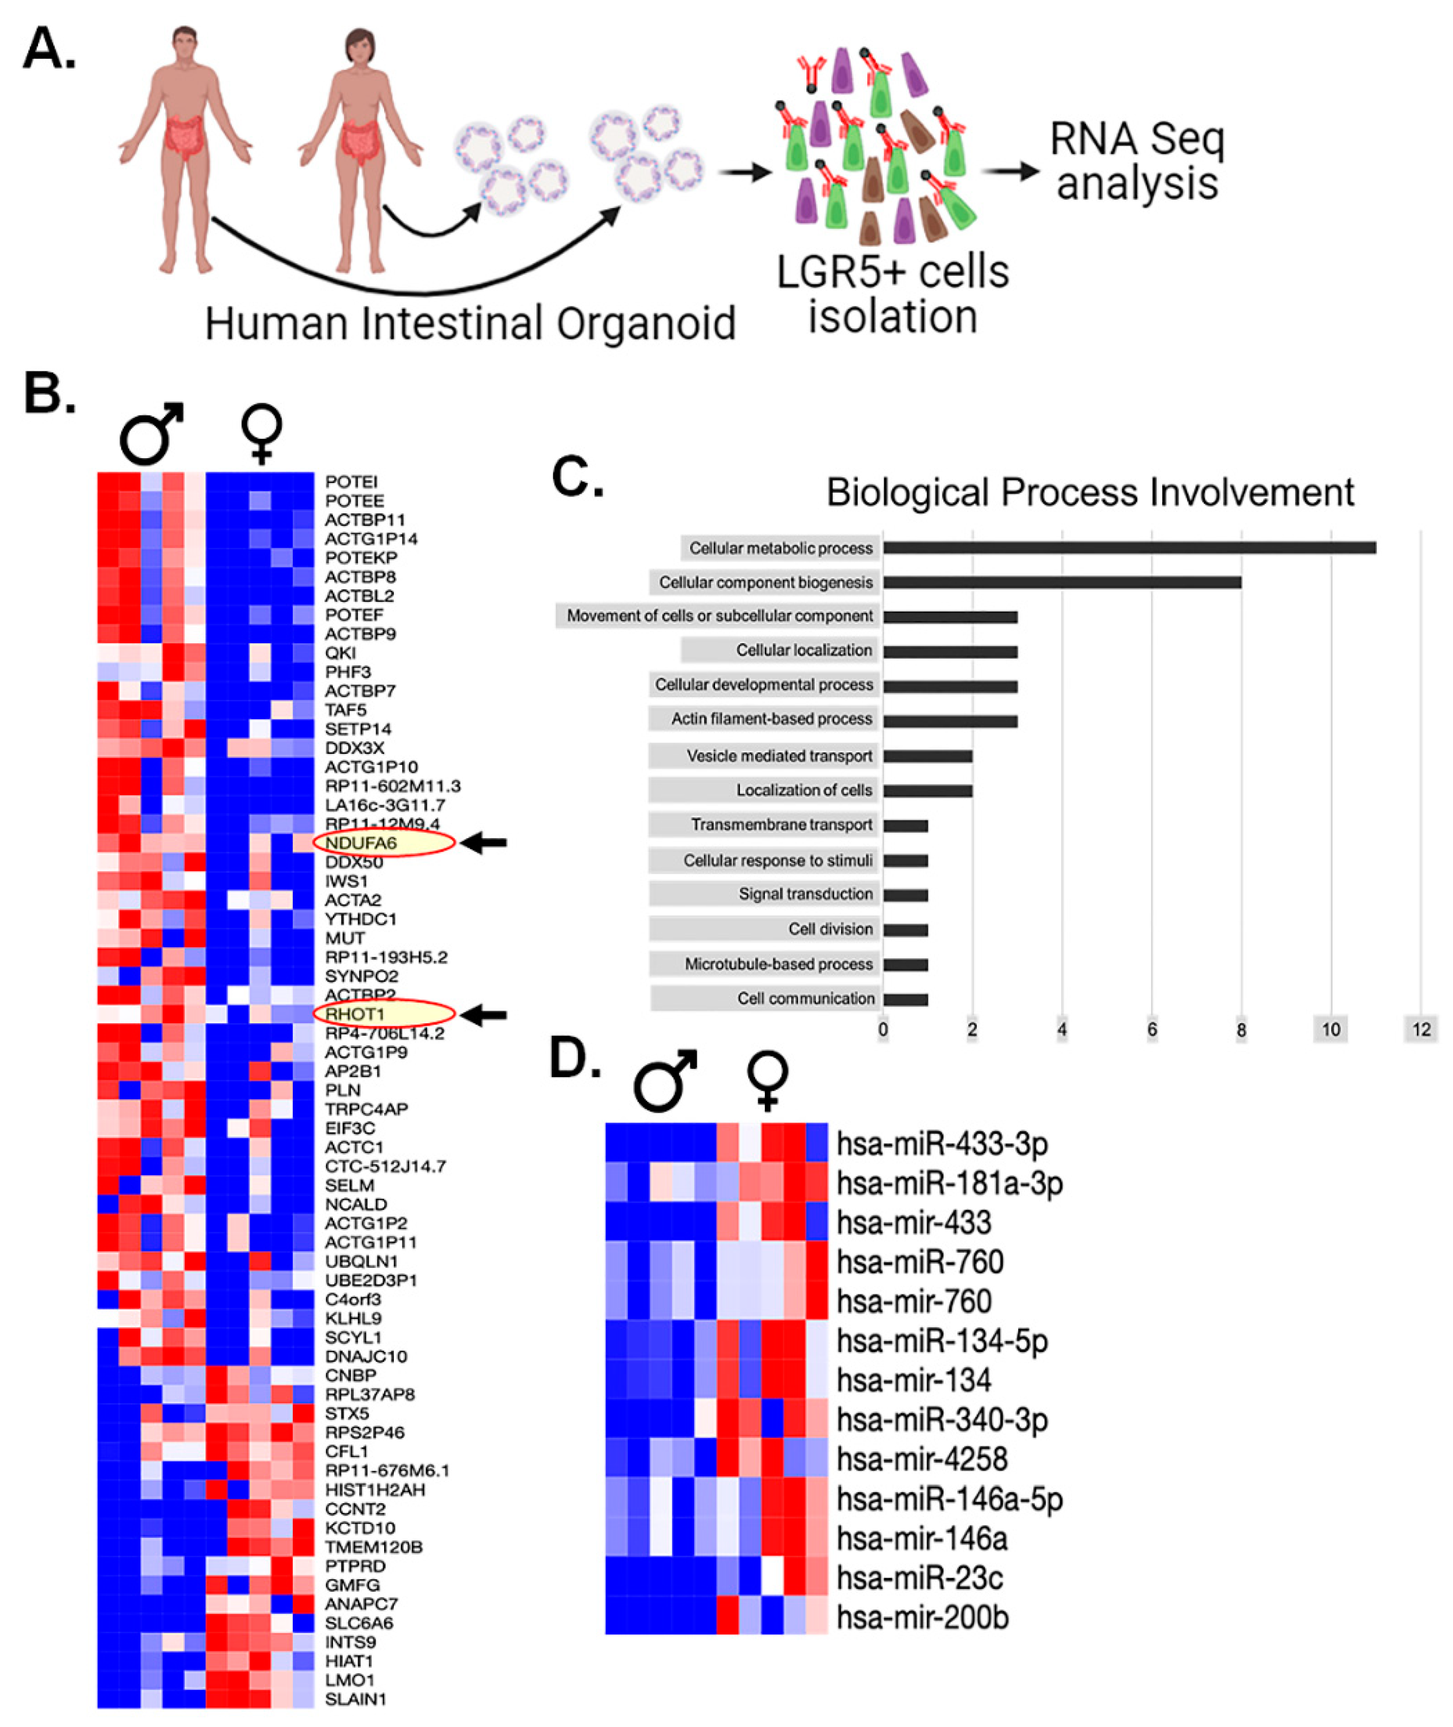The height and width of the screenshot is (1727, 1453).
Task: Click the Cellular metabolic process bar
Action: [1129, 547]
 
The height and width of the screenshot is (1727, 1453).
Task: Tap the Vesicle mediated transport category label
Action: [779, 756]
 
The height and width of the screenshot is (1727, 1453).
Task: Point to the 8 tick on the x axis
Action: [1240, 1029]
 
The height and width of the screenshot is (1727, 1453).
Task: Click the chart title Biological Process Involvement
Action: [1090, 493]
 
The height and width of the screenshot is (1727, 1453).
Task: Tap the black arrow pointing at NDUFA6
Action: [484, 843]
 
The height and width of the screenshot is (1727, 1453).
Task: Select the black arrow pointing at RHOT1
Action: [484, 1015]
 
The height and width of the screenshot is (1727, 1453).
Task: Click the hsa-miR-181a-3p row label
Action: [949, 1184]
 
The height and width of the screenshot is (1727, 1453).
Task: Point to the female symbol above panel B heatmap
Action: [262, 433]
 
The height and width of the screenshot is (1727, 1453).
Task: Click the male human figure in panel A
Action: [185, 148]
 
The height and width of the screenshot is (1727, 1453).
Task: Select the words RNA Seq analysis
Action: [1137, 161]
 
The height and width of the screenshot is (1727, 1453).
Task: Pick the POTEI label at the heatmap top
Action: [351, 482]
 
